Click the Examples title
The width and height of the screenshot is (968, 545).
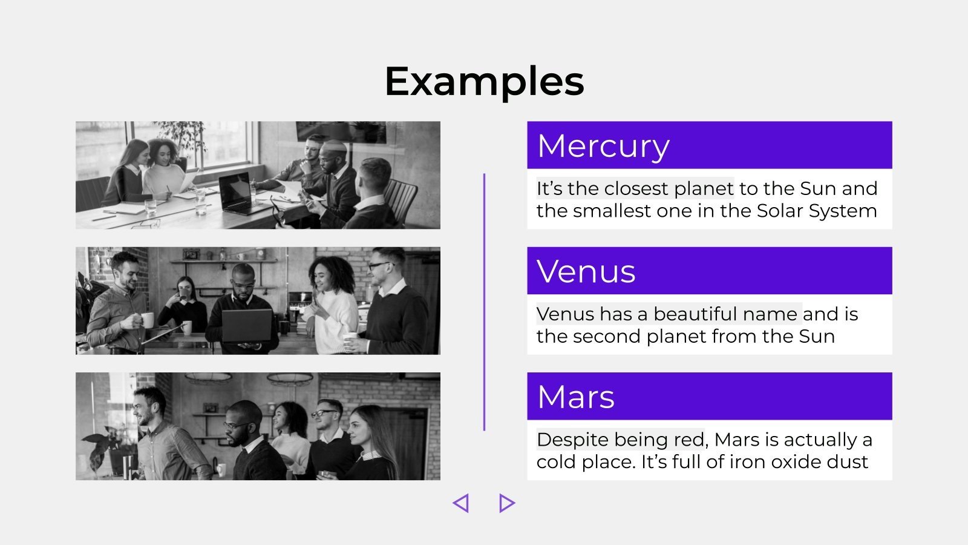pos(484,82)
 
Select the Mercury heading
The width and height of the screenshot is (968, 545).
pos(603,147)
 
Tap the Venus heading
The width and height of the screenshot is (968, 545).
pos(586,272)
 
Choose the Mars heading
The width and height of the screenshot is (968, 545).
pos(575,397)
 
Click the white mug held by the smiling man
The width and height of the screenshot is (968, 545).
pos(147,320)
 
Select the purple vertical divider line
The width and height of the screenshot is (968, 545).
pos(484,302)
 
